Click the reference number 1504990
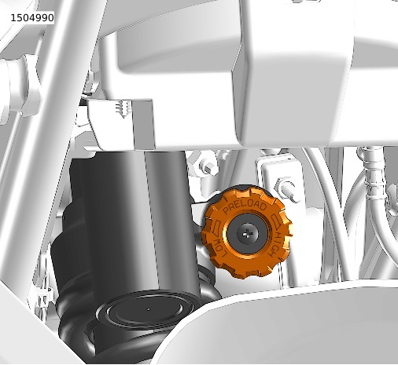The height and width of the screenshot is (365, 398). pos(32,18)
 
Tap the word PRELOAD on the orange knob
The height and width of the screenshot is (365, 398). pos(245,206)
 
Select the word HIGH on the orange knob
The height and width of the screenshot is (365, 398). pos(276,244)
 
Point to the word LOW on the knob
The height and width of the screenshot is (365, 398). pos(218,247)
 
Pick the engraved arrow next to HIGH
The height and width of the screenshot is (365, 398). pos(276,221)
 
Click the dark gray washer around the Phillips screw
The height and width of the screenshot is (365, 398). pos(246,232)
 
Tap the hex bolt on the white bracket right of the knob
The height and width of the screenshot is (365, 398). pos(286,188)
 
